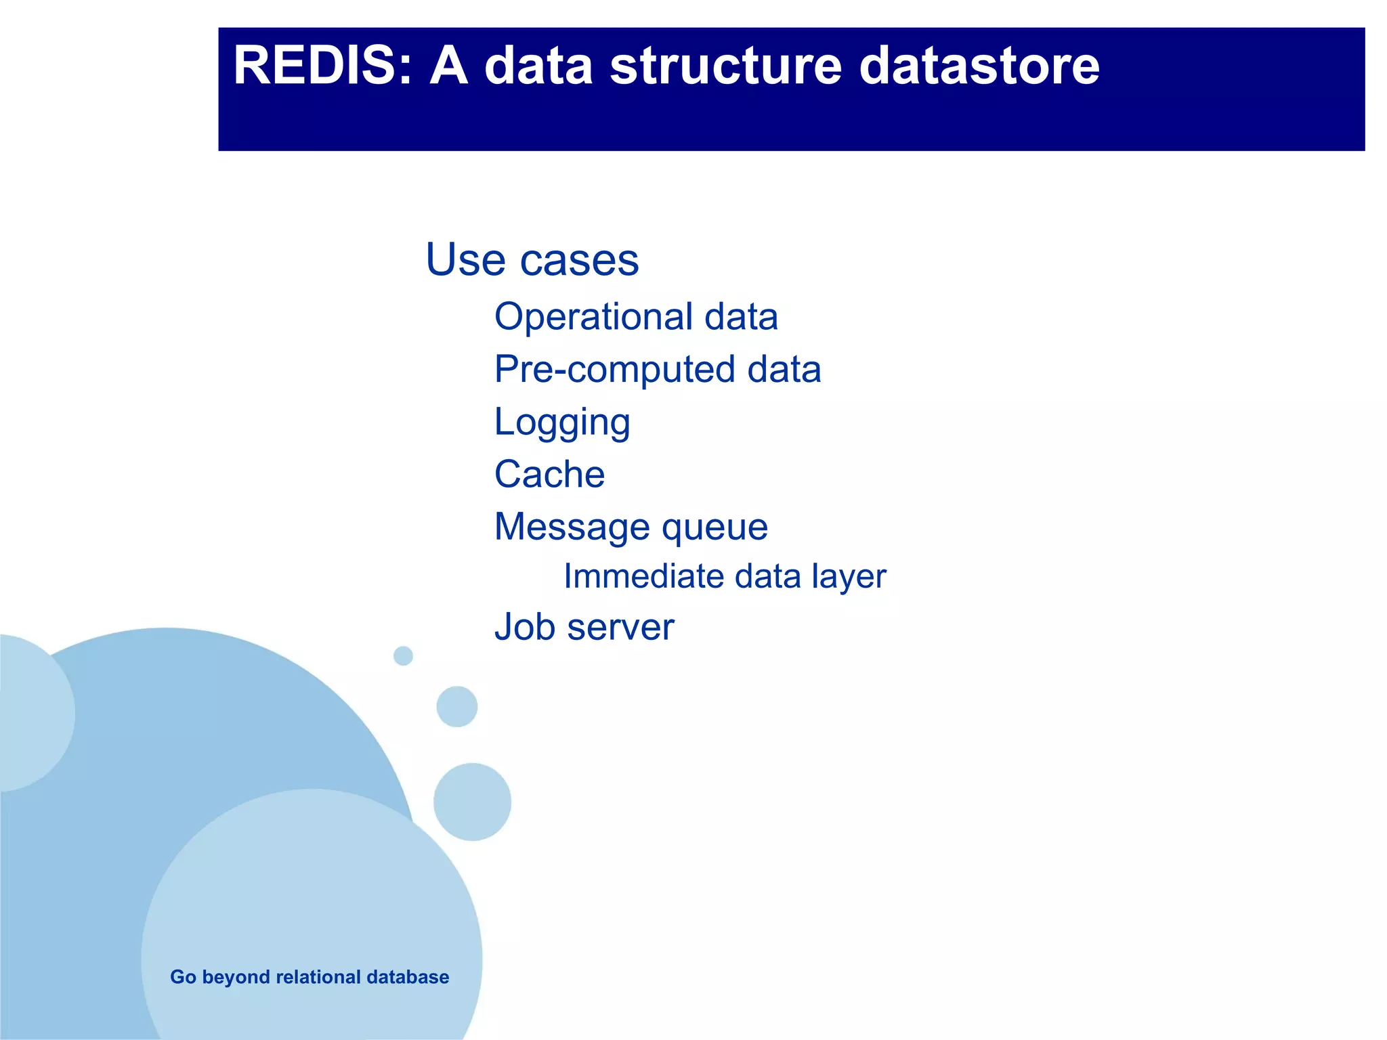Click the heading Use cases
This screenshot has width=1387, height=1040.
532,259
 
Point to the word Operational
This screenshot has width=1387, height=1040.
594,317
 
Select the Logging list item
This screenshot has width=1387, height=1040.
562,422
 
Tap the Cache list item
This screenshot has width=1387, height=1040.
549,474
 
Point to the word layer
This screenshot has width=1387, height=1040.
849,578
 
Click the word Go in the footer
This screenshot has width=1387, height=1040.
183,977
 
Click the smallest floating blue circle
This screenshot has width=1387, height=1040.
403,655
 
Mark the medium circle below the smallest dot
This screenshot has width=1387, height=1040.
457,706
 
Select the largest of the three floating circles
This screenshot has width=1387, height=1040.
472,802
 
